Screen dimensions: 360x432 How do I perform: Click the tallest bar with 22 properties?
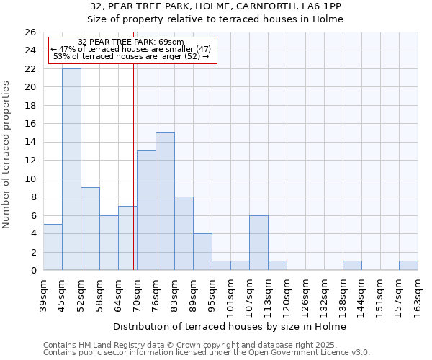[x=71, y=169]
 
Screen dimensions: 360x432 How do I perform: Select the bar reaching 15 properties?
[x=165, y=202]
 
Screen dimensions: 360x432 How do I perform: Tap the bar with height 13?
[x=146, y=210]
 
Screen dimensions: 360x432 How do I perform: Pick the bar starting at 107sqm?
[x=258, y=243]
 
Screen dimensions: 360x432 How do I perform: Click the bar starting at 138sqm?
[x=352, y=266]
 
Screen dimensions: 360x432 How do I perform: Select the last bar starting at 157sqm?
[x=408, y=266]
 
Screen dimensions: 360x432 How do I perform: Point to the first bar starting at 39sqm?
[x=53, y=247]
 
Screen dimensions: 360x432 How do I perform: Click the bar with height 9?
[x=90, y=229]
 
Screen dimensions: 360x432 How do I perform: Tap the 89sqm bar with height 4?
[x=202, y=252]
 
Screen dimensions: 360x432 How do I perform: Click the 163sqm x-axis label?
[x=418, y=295]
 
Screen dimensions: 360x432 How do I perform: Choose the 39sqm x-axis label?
[x=43, y=295]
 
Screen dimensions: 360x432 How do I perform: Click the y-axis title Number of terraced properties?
[x=6, y=155]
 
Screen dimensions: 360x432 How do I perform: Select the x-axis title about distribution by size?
[x=230, y=326]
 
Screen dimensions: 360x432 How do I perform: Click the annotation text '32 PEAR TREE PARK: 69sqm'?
[x=130, y=42]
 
